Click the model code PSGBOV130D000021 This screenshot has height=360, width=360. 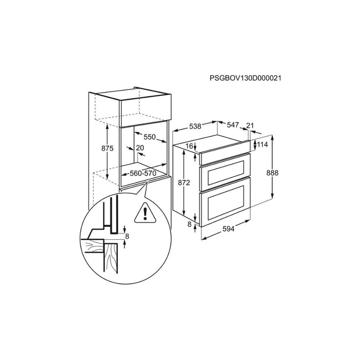[245, 78]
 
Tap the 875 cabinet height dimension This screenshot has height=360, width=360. [107, 148]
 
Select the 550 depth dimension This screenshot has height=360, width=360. [150, 137]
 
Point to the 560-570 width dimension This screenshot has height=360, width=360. [143, 173]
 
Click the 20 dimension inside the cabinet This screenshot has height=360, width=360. [140, 148]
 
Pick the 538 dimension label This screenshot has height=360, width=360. [195, 126]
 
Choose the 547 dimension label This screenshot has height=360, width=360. [233, 125]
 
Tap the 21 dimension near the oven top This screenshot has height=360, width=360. [250, 125]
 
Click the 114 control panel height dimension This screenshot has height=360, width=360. [262, 145]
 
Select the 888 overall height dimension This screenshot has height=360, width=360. [272, 173]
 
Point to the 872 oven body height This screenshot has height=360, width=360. [184, 183]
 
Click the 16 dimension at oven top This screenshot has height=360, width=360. [189, 146]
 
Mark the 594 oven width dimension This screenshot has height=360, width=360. [228, 229]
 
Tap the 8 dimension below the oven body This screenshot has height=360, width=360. [189, 224]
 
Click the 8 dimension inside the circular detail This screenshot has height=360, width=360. [127, 236]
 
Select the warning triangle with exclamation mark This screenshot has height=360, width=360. [146, 213]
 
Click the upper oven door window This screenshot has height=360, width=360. [226, 173]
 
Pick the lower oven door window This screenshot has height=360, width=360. [226, 202]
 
